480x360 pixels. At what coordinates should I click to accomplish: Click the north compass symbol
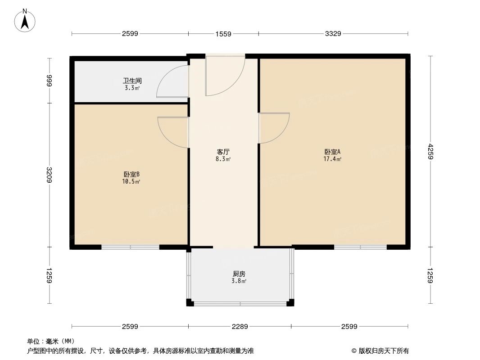(x=25, y=20)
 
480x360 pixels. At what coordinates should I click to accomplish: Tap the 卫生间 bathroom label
(x=132, y=81)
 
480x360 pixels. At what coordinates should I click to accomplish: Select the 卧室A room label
(x=332, y=152)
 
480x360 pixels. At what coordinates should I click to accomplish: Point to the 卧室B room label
(x=132, y=174)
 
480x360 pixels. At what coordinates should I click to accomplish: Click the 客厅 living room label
(x=224, y=152)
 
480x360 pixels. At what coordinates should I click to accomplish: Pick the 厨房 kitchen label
(x=239, y=274)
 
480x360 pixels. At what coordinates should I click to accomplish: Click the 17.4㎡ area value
(x=332, y=159)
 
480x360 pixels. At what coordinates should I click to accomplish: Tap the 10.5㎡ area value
(x=132, y=181)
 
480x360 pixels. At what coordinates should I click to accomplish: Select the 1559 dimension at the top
(x=223, y=33)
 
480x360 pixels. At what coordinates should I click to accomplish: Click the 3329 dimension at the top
(x=333, y=33)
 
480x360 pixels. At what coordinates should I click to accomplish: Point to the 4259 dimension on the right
(x=430, y=151)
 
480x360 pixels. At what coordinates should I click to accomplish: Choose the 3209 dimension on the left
(x=49, y=175)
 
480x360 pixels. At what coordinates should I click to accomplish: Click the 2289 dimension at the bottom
(x=240, y=326)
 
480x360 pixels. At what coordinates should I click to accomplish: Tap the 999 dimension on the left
(x=49, y=81)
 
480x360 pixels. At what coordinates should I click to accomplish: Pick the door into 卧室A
(x=273, y=128)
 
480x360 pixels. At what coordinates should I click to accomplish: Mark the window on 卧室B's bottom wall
(x=130, y=247)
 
